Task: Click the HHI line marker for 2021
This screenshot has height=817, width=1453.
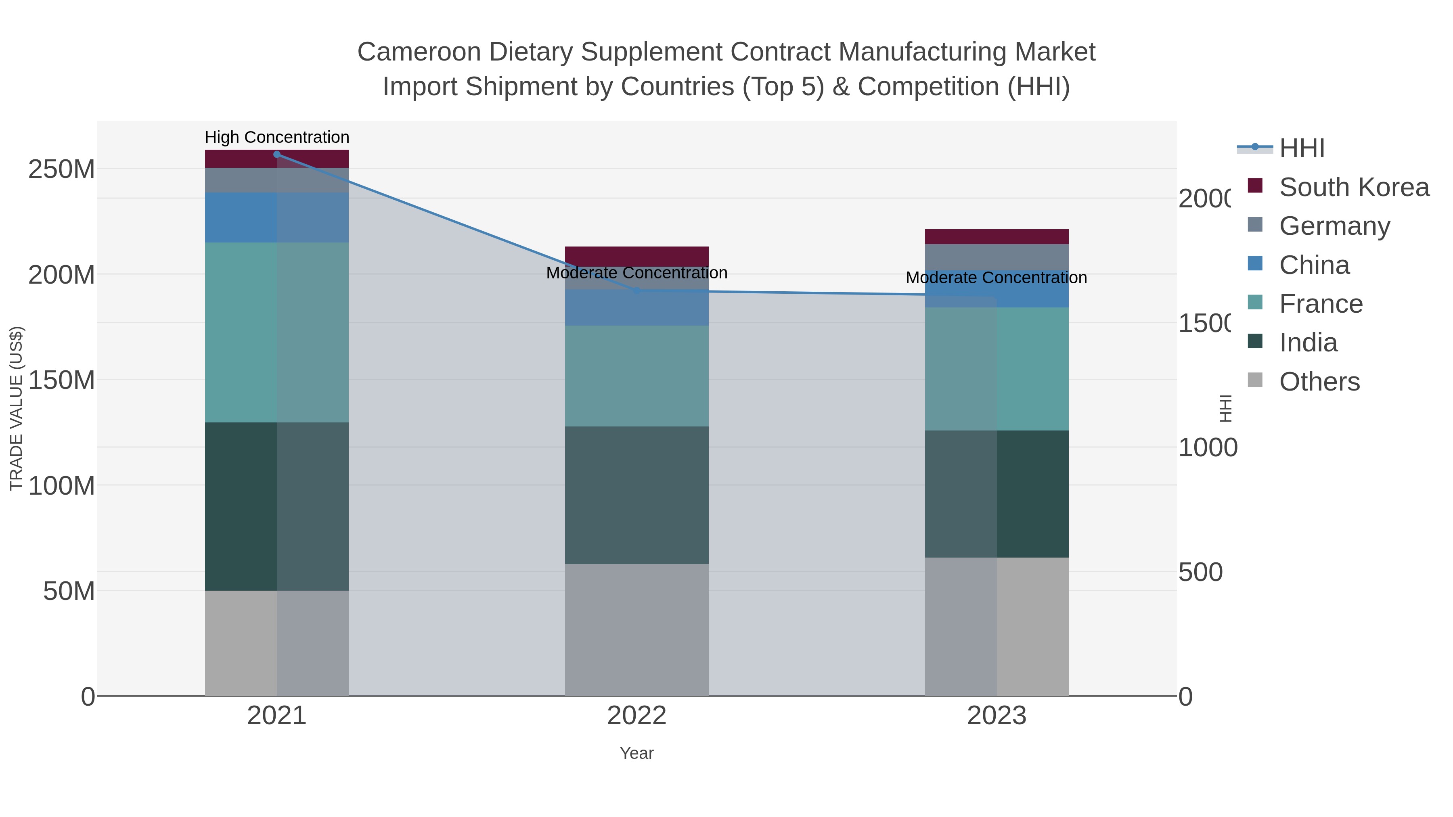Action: click(276, 155)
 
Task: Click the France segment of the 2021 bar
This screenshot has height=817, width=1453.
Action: click(276, 333)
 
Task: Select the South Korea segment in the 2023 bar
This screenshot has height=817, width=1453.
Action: click(997, 237)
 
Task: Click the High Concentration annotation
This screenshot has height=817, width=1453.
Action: click(276, 138)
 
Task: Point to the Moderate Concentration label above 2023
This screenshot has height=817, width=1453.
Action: click(996, 278)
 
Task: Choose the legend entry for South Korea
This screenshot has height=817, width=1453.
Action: click(1354, 187)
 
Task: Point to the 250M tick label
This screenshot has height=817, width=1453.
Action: click(61, 169)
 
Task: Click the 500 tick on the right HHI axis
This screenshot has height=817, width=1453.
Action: click(1200, 572)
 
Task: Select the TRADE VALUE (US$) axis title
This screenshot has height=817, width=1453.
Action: click(17, 408)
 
